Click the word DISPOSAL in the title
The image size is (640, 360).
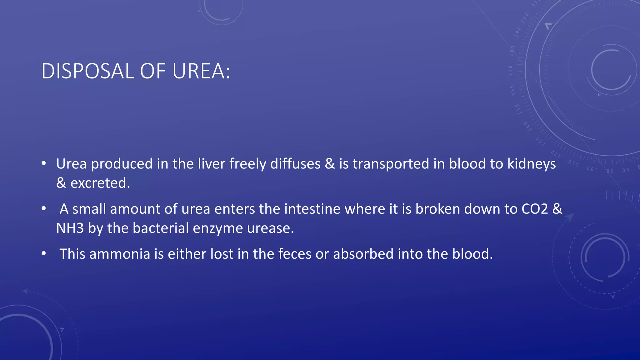[88, 71]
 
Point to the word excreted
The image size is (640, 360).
[100, 183]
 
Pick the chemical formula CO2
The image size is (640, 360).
[535, 209]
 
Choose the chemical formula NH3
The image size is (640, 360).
[70, 228]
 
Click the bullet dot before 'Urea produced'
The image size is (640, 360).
[44, 163]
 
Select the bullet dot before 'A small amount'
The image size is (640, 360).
[44, 208]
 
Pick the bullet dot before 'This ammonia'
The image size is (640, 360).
[44, 253]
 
